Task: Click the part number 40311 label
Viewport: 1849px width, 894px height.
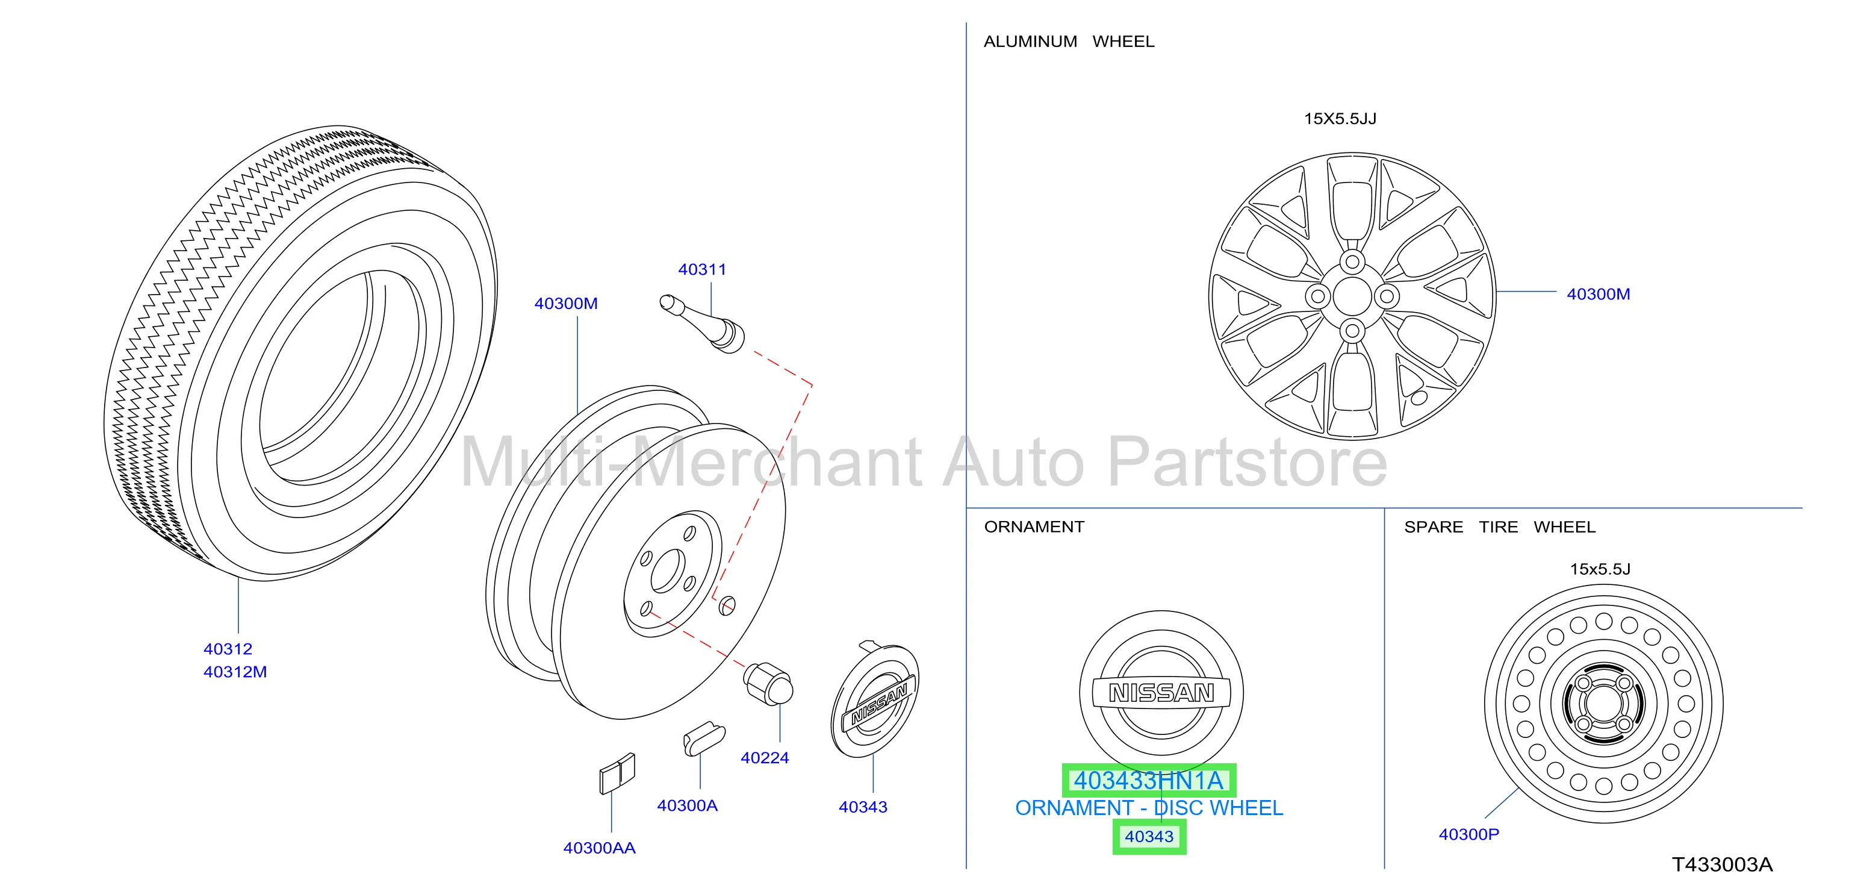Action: pos(702,269)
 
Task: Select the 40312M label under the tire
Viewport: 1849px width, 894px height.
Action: pos(235,672)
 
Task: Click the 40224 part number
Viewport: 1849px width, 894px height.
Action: pos(765,758)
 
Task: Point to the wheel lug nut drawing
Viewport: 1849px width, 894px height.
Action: pos(768,684)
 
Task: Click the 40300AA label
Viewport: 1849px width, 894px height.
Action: pos(599,848)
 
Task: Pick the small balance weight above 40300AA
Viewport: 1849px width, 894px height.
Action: pos(617,774)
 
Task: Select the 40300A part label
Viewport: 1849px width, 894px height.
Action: pos(687,805)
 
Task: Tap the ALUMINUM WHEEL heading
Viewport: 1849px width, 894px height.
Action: pos(1069,42)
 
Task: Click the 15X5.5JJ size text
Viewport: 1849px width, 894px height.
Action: pos(1340,119)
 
